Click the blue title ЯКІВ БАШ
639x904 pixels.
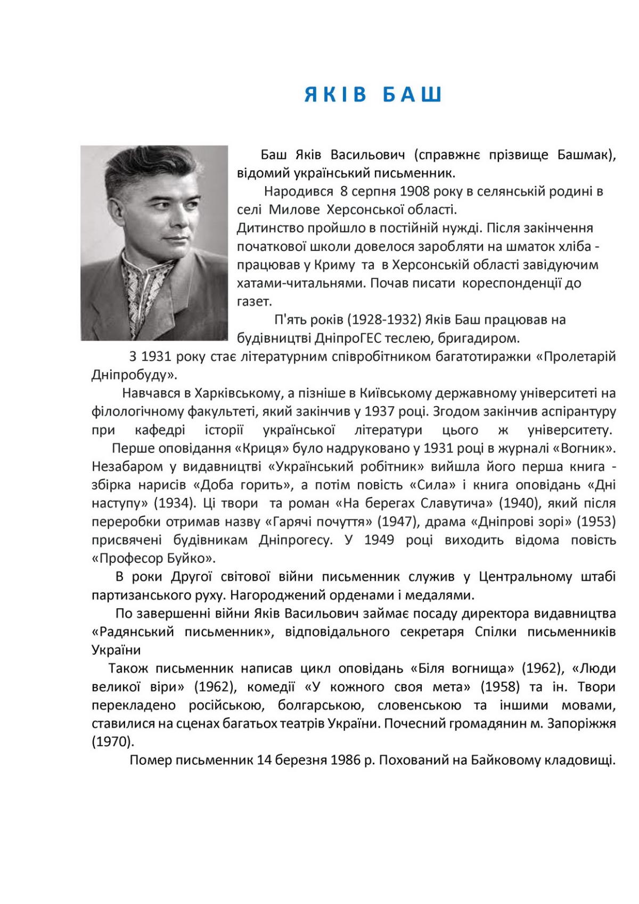(x=373, y=95)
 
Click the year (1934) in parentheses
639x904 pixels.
(x=174, y=503)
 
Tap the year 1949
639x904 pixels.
(x=379, y=540)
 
